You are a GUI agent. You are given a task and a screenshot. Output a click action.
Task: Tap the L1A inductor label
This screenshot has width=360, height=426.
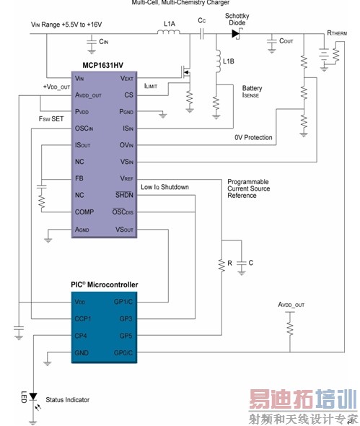170,24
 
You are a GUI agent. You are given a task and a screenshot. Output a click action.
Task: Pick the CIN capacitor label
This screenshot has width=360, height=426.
105,44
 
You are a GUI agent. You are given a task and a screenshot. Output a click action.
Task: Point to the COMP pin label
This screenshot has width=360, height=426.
84,212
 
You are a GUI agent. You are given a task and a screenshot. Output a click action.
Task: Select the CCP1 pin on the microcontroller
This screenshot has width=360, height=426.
84,317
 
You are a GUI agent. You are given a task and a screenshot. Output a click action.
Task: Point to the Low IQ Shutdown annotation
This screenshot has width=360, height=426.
165,187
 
